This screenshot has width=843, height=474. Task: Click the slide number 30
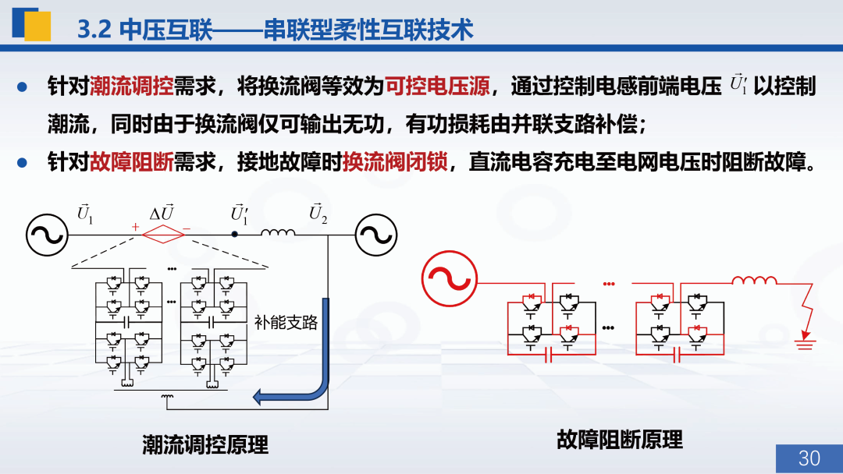point(809,458)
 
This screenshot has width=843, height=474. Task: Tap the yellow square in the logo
point(37,27)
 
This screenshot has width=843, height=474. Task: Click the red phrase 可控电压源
point(437,86)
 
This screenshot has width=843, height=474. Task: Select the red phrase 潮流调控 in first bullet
point(132,86)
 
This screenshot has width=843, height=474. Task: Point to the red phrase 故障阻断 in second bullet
point(132,161)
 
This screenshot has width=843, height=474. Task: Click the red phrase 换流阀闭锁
point(395,161)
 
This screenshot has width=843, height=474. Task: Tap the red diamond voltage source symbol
point(163,235)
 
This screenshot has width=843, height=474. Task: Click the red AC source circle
point(450,278)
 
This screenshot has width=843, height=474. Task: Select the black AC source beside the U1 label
point(48,235)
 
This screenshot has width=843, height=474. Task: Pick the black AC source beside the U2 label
point(376,235)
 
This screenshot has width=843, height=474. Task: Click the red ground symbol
point(805,341)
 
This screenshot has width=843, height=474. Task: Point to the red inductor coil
point(754,280)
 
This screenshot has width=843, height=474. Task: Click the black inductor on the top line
point(278,232)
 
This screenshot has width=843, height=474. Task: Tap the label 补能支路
point(286,322)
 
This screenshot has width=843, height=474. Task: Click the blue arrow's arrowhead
point(259,397)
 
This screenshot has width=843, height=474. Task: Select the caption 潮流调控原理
point(205,444)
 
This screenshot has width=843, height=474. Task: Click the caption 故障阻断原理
point(620,440)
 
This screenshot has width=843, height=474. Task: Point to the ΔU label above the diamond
point(162,213)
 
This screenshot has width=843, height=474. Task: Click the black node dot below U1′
point(234,234)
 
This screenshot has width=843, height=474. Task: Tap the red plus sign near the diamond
point(135,227)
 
